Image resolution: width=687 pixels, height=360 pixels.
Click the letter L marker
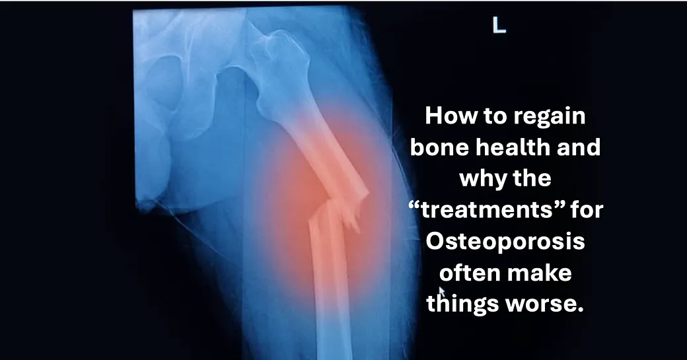pyautogui.click(x=499, y=25)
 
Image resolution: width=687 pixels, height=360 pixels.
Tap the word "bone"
pyautogui.click(x=439, y=147)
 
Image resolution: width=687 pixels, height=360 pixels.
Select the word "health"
pyautogui.click(x=513, y=147)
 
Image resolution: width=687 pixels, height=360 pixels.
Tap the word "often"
pyautogui.click(x=462, y=272)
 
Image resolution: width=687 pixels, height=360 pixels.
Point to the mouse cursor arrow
pyautogui.click(x=442, y=292)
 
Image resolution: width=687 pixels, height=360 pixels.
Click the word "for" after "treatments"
pyautogui.click(x=587, y=209)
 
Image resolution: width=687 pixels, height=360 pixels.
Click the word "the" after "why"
pyautogui.click(x=531, y=178)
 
